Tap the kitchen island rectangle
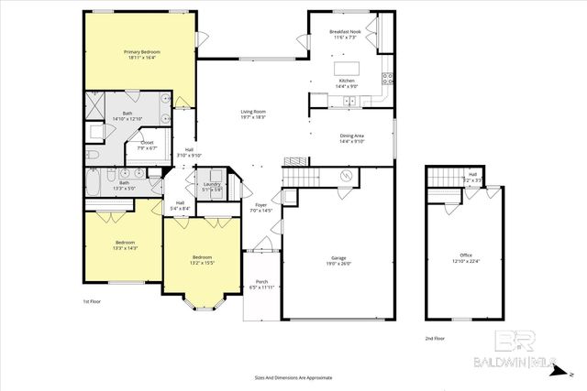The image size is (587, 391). tap(347, 68)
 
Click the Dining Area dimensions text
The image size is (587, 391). tap(351, 141)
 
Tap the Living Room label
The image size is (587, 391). tap(253, 111)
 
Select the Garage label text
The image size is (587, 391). tap(338, 259)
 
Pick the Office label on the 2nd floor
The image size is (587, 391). tap(466, 255)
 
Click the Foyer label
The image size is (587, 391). tap(261, 205)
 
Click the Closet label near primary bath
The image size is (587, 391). tap(146, 143)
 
